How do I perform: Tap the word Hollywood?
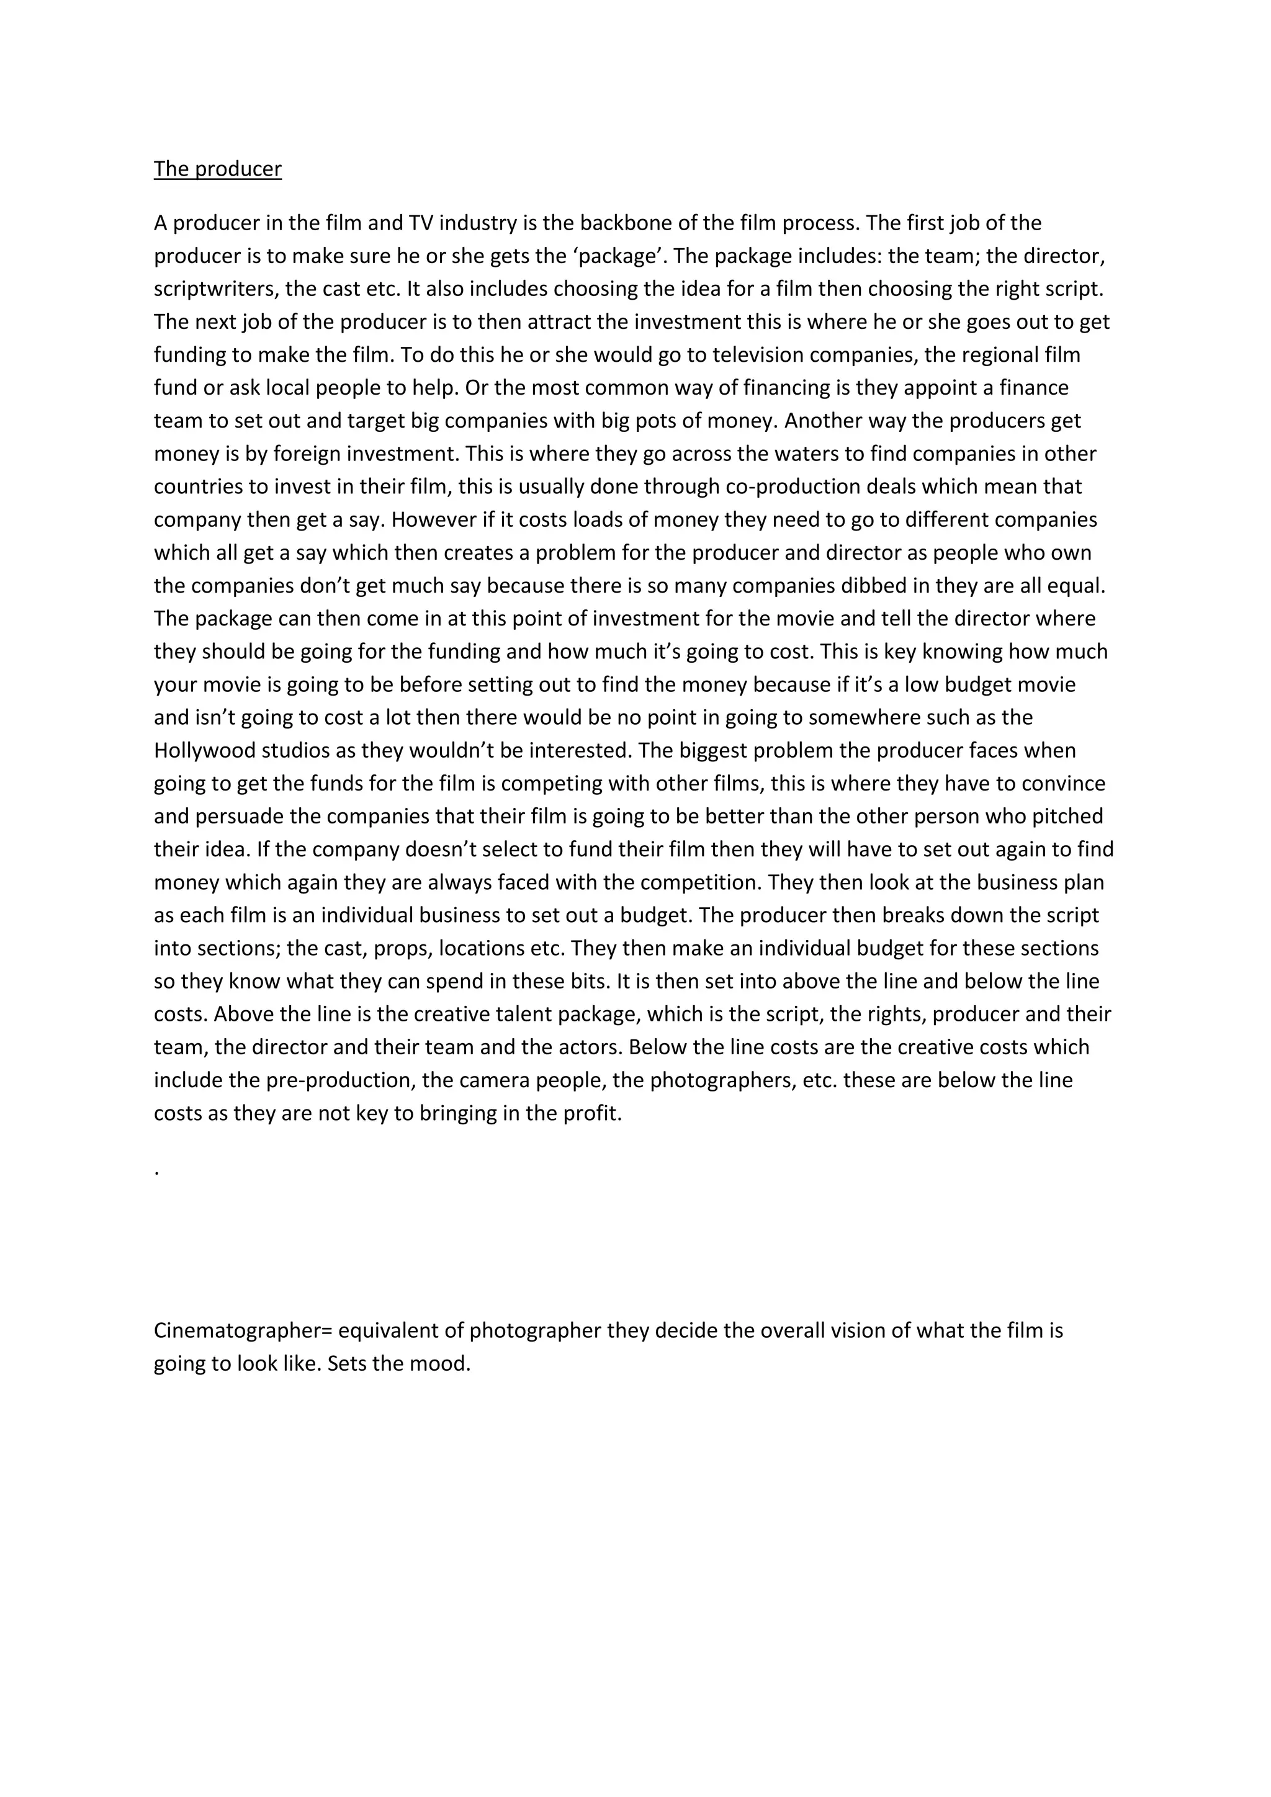(204, 751)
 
